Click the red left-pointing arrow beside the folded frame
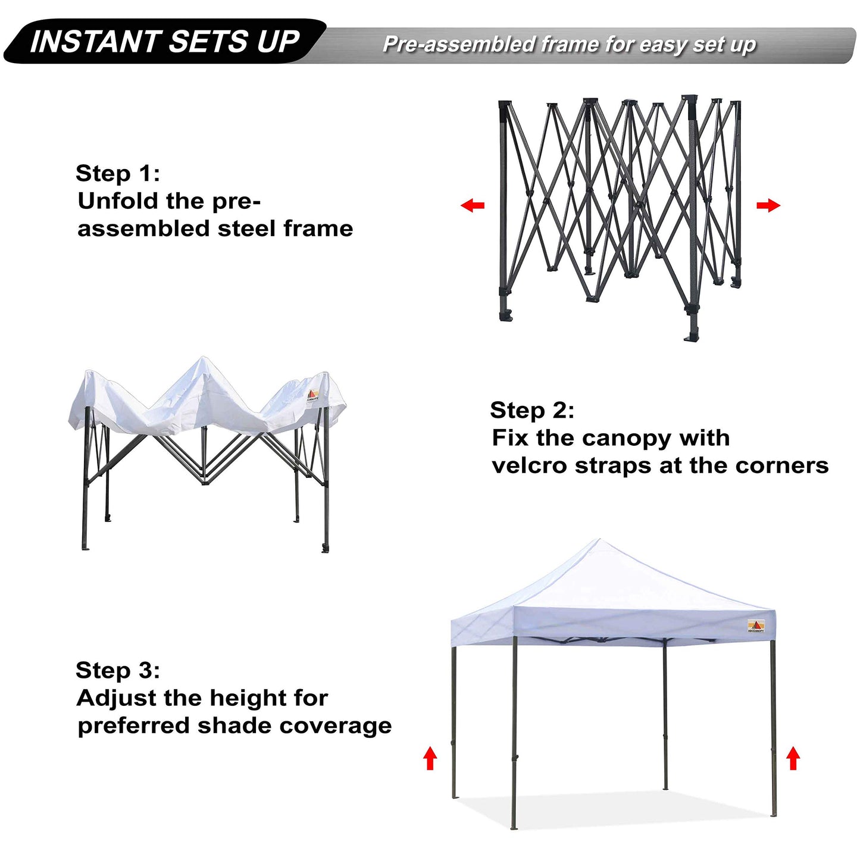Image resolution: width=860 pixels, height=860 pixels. click(473, 206)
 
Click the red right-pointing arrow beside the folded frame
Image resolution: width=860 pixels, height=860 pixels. click(768, 206)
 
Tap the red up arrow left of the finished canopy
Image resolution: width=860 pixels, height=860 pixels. click(430, 759)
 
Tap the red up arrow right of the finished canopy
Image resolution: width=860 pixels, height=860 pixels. click(793, 759)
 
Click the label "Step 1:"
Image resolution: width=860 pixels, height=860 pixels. click(118, 174)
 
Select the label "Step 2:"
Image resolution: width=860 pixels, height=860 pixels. click(532, 411)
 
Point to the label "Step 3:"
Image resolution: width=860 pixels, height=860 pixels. click(118, 671)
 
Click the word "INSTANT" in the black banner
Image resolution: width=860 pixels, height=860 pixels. click(95, 42)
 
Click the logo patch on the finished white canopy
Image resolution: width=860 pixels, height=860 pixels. click(756, 626)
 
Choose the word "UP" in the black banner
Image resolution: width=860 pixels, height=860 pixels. click(278, 42)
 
